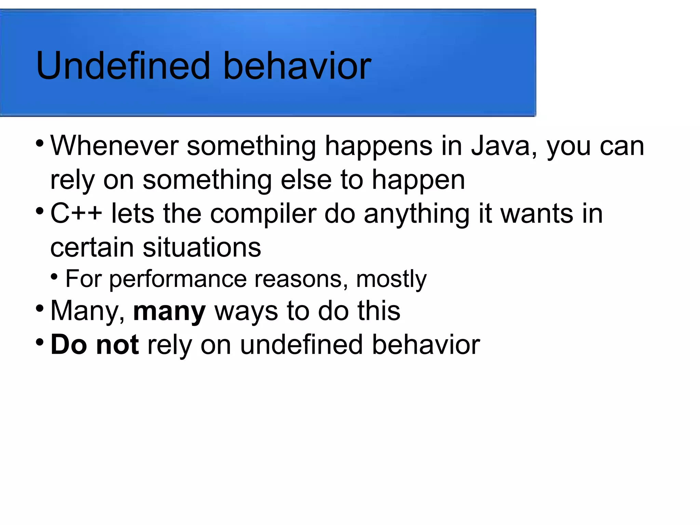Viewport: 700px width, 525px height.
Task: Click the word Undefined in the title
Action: [123, 66]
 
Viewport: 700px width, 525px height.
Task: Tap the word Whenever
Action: [115, 146]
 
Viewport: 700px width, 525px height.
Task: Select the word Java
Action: [500, 146]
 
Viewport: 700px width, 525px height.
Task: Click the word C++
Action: [76, 214]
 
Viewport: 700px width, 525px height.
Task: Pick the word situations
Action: [202, 248]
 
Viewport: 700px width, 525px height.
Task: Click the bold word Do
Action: [68, 345]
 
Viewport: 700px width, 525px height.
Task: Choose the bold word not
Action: [117, 345]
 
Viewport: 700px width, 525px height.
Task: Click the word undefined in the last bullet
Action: [301, 345]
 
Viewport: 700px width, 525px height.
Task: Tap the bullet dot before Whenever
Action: [40, 143]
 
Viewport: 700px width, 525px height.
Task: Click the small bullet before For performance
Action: [54, 276]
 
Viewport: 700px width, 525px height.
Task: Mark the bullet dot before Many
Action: [40, 308]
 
